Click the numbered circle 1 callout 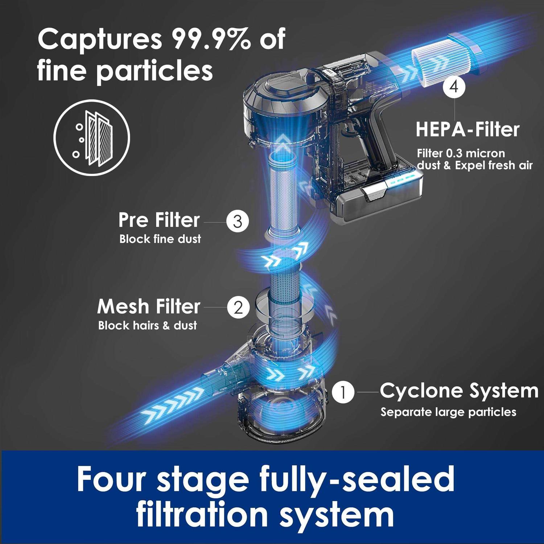coord(343,392)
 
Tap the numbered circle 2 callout coord(238,308)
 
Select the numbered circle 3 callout coord(238,221)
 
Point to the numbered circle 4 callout coord(454,87)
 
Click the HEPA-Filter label coord(467,129)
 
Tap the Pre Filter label coord(159,220)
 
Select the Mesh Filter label coord(148,306)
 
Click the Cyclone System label coord(459,391)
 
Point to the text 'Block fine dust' coord(160,239)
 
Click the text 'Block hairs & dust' coord(147,325)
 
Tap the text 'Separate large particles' coord(448,412)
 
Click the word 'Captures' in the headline coord(100,40)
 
